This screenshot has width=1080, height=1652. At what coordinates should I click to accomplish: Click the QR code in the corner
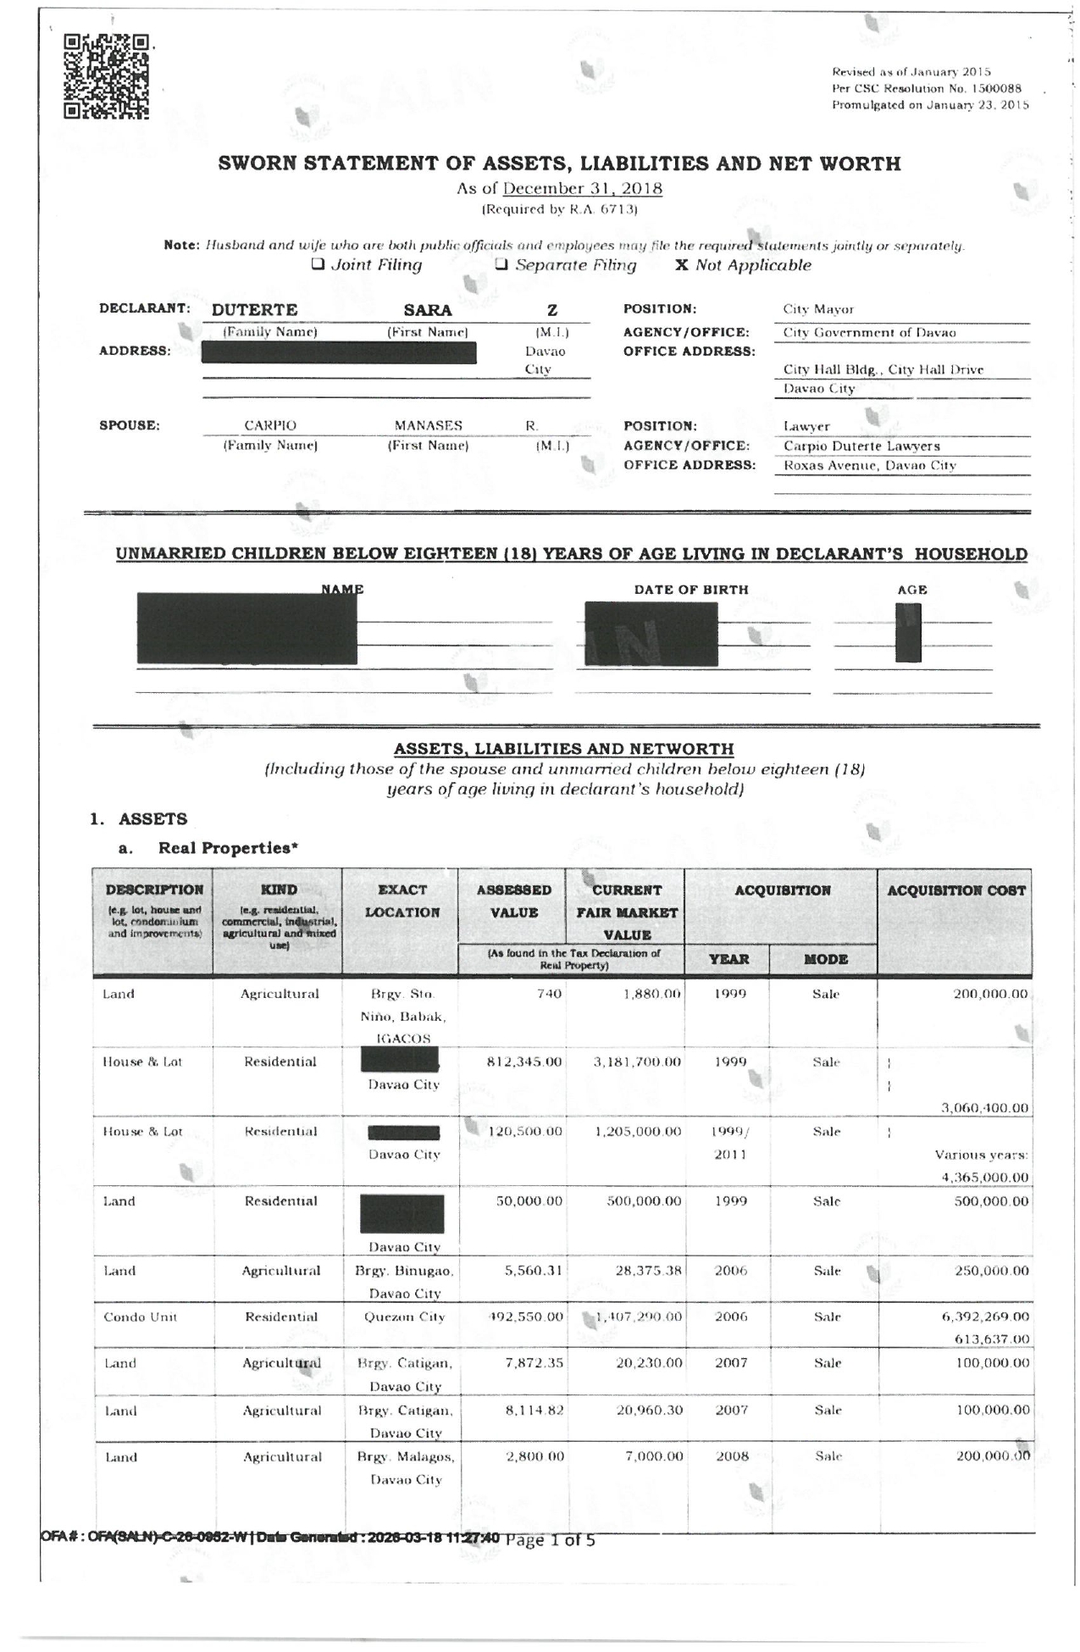point(107,76)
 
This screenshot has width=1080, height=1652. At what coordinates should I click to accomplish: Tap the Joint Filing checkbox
point(318,264)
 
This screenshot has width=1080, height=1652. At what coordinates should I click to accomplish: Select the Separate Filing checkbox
point(501,264)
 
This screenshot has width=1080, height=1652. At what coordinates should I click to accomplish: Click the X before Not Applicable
point(681,265)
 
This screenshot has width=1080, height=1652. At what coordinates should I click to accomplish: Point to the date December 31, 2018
point(582,188)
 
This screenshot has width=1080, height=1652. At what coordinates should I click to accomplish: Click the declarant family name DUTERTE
point(254,310)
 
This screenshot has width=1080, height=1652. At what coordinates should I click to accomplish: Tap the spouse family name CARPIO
point(270,425)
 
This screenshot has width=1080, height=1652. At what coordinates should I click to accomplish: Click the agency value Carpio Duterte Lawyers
point(861,446)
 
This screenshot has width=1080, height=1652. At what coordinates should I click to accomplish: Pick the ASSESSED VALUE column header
point(513,901)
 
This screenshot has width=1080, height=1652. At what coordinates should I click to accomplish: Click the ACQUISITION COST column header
point(955,890)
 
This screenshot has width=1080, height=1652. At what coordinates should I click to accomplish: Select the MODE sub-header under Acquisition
point(825,959)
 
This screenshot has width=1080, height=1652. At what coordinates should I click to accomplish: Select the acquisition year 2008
point(732,1456)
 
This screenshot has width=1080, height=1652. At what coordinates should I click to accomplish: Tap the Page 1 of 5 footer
point(550,1540)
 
